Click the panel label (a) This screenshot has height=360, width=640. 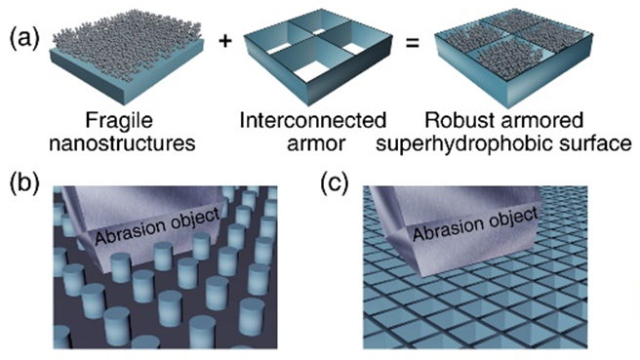click(x=24, y=40)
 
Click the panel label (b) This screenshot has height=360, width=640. click(x=24, y=182)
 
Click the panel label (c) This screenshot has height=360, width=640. click(x=335, y=182)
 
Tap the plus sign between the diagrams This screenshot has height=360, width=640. click(x=225, y=40)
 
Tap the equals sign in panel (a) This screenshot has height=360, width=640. click(x=413, y=43)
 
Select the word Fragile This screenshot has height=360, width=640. click(x=119, y=121)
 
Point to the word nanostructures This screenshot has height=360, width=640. click(x=122, y=143)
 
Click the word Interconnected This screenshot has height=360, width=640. click(x=312, y=120)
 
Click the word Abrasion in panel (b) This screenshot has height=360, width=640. click(x=131, y=231)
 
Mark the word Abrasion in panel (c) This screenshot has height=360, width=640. click(x=449, y=230)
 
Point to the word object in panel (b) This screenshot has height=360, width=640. click(x=195, y=218)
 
